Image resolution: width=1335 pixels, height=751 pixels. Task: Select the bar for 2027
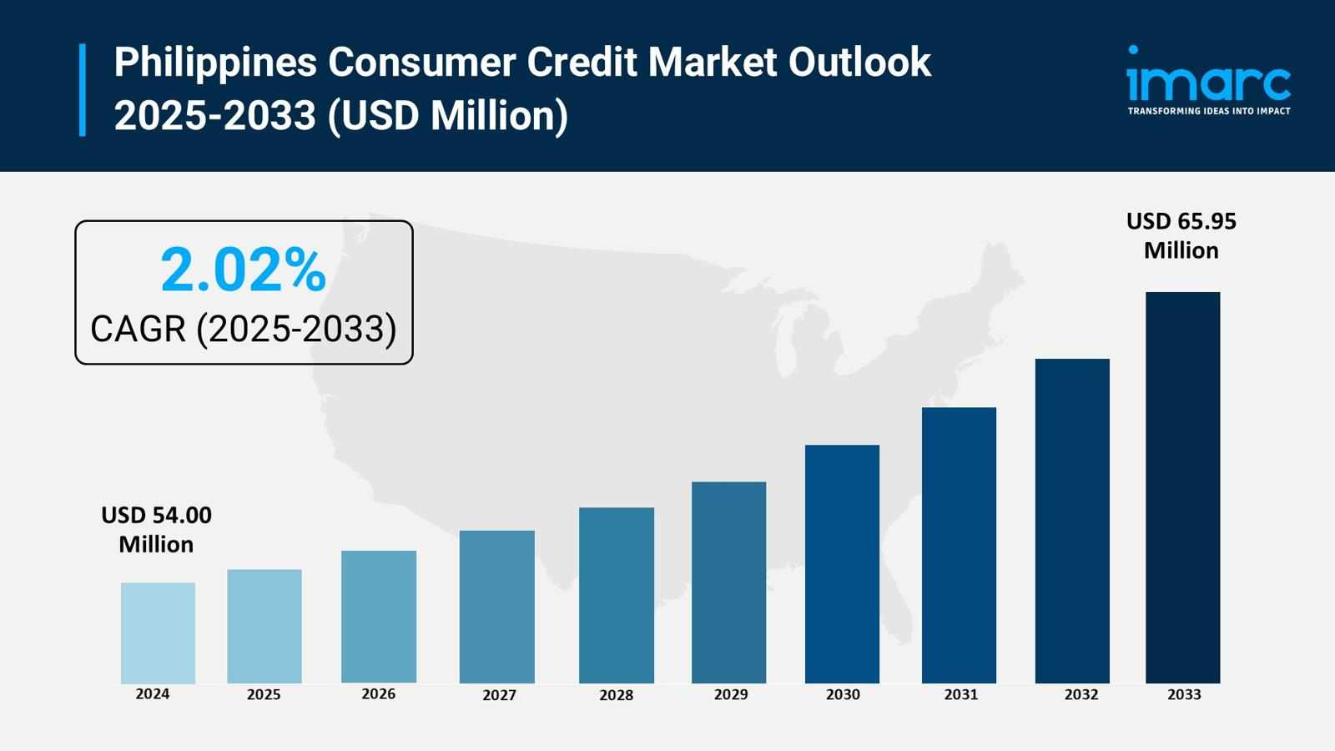(496, 607)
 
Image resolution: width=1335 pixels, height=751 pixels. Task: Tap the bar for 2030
(842, 564)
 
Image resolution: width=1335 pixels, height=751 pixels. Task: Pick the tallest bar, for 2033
(1182, 487)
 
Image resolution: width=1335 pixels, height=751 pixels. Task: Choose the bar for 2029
(728, 582)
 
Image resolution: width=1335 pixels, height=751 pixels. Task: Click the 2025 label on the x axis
(264, 694)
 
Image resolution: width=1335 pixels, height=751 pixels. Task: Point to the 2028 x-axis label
(616, 695)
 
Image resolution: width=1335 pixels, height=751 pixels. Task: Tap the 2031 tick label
(960, 694)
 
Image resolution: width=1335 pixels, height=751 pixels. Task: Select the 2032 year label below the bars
(1081, 694)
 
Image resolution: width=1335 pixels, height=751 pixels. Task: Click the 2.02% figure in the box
(243, 270)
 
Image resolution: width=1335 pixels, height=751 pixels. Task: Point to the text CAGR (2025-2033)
(243, 329)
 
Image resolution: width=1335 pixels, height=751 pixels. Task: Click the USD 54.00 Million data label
(156, 529)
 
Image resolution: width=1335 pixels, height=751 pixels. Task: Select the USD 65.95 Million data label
(1181, 235)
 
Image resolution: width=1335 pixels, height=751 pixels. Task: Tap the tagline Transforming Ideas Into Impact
(1208, 111)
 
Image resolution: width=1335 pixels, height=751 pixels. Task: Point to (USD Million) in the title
(448, 115)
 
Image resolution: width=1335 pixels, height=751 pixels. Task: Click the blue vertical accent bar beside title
(83, 89)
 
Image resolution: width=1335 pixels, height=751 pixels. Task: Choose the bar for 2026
(378, 617)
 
